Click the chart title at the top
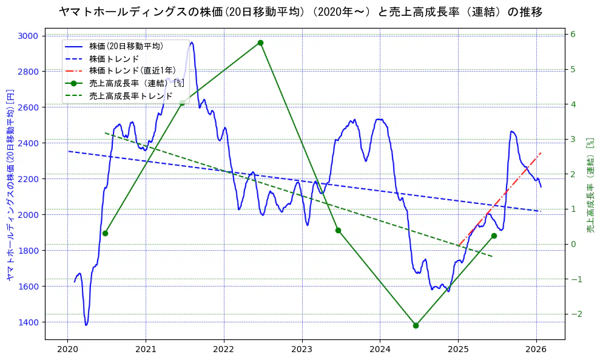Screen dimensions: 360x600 [x=300, y=12]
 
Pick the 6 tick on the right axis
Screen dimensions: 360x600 [x=573, y=34]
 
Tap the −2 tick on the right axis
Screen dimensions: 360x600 [x=574, y=314]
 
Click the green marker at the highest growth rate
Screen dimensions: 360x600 [x=260, y=42]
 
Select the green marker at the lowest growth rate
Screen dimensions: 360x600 [x=416, y=325]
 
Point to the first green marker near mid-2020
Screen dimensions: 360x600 [x=105, y=233]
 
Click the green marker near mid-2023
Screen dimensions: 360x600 [x=338, y=230]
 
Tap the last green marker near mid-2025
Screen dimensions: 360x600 [x=494, y=236]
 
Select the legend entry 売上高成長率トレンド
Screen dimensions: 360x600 [x=130, y=96]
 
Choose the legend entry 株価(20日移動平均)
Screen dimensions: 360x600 [x=126, y=46]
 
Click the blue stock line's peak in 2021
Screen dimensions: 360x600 [x=192, y=42]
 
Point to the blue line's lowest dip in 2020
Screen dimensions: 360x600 [x=86, y=325]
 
